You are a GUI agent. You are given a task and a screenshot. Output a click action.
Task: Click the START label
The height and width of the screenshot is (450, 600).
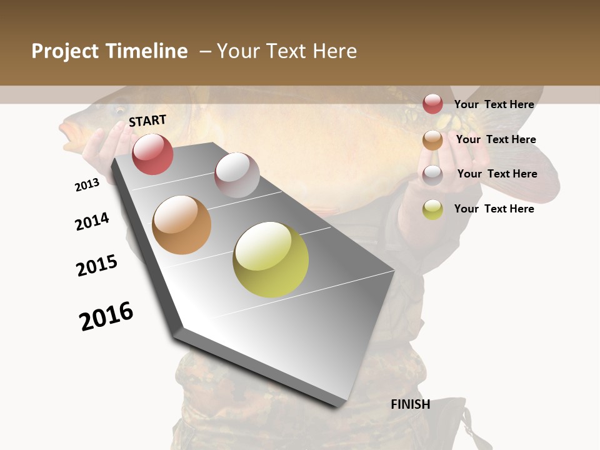[147, 121]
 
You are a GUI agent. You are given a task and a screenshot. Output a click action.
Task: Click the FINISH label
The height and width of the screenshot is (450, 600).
[410, 404]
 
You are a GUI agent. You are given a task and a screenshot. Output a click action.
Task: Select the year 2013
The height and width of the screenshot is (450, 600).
[87, 185]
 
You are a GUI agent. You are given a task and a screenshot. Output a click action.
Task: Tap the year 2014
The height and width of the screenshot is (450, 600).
[92, 221]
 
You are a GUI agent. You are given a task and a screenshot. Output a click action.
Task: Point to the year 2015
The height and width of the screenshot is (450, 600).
[97, 266]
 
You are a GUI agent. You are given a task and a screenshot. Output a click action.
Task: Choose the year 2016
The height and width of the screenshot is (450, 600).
[106, 316]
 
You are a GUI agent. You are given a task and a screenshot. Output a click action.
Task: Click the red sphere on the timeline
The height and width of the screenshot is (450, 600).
[152, 154]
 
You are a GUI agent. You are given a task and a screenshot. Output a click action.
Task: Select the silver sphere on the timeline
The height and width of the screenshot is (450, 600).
[237, 175]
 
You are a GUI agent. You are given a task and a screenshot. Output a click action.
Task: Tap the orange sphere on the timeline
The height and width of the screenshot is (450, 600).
[182, 225]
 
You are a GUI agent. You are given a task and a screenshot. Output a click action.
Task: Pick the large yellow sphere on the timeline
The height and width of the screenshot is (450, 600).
[271, 259]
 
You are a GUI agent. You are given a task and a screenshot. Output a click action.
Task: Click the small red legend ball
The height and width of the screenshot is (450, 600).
[432, 104]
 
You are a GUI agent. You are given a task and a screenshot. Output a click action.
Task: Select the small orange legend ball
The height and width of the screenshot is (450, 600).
[432, 140]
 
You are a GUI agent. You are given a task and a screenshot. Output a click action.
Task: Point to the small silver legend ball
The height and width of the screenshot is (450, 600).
[432, 175]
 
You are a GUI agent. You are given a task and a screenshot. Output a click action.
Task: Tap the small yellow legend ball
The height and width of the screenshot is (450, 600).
[432, 209]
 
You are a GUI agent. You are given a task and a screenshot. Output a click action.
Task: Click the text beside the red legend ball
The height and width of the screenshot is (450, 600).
[494, 104]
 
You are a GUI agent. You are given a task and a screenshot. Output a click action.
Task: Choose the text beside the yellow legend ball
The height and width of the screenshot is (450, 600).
[494, 209]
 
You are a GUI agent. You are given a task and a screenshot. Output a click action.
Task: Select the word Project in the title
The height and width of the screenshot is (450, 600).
[65, 51]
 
